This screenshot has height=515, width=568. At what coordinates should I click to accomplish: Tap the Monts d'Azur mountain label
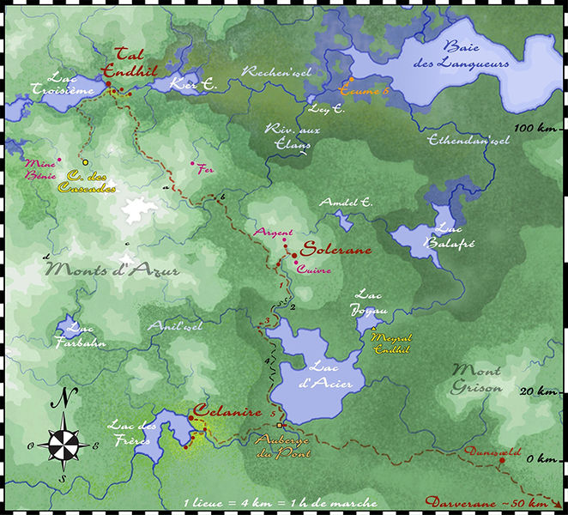point(113,270)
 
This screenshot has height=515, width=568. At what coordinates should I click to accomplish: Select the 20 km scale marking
point(538,391)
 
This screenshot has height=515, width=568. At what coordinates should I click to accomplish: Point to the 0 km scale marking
point(541,458)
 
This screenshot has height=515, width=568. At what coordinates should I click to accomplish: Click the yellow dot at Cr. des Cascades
point(85,163)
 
